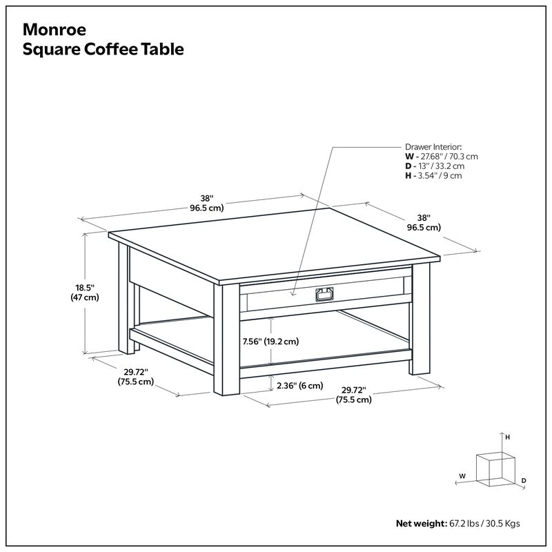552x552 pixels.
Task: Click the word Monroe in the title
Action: pyautogui.click(x=55, y=30)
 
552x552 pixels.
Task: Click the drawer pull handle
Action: pyautogui.click(x=323, y=295)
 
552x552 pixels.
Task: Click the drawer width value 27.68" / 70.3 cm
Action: pyautogui.click(x=446, y=157)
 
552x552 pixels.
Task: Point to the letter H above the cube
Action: pyautogui.click(x=507, y=437)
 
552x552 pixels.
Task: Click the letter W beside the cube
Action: pyautogui.click(x=462, y=476)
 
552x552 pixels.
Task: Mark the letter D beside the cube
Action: pyautogui.click(x=524, y=480)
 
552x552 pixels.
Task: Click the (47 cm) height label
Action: pyautogui.click(x=85, y=297)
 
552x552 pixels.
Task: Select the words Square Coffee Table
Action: pyautogui.click(x=103, y=50)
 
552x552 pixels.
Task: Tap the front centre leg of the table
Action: pyautogui.click(x=226, y=342)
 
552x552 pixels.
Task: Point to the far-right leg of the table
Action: pyautogui.click(x=420, y=321)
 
